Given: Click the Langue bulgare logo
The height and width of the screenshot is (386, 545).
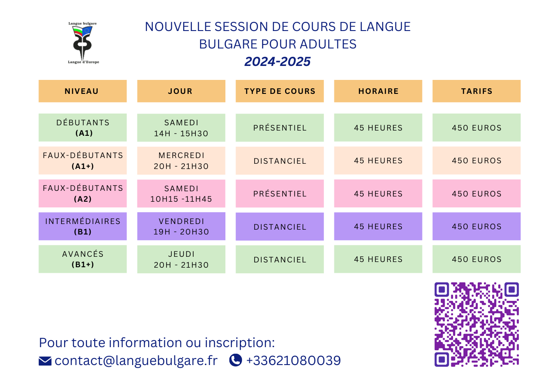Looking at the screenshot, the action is [83, 43].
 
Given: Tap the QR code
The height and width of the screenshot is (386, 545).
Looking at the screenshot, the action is [477, 324].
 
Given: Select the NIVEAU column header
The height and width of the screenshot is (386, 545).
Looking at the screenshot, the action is [82, 91].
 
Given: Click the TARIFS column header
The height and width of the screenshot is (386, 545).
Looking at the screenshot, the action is [477, 91].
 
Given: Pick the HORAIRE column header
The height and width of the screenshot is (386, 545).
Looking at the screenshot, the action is [378, 91].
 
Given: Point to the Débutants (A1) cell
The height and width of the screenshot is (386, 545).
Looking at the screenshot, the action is [82, 128].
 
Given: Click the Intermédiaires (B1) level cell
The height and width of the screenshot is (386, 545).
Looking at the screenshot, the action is [82, 226].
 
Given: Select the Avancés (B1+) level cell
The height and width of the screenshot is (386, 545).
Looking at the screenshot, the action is [82, 259].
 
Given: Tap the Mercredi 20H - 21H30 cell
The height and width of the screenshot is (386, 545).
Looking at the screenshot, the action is [181, 161].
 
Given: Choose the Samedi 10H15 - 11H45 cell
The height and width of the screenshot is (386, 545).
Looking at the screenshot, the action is [181, 193].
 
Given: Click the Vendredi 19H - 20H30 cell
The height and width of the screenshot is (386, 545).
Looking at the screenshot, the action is [181, 226].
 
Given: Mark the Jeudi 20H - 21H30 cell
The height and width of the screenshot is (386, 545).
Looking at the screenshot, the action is [181, 259].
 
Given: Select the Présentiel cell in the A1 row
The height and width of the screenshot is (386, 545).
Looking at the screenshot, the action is [279, 128].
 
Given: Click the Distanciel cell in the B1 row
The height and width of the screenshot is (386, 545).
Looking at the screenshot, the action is [279, 226].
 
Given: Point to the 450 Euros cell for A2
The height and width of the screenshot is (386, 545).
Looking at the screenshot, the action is [477, 193].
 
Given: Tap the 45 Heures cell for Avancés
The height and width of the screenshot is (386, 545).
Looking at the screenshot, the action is [378, 259].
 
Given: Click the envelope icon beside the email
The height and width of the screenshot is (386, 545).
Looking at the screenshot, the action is [45, 361].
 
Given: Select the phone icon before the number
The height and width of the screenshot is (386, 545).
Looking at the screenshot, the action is [235, 360].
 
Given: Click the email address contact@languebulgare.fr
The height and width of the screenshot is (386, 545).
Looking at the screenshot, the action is [136, 361].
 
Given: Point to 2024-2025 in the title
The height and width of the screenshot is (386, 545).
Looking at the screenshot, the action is [277, 61].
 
